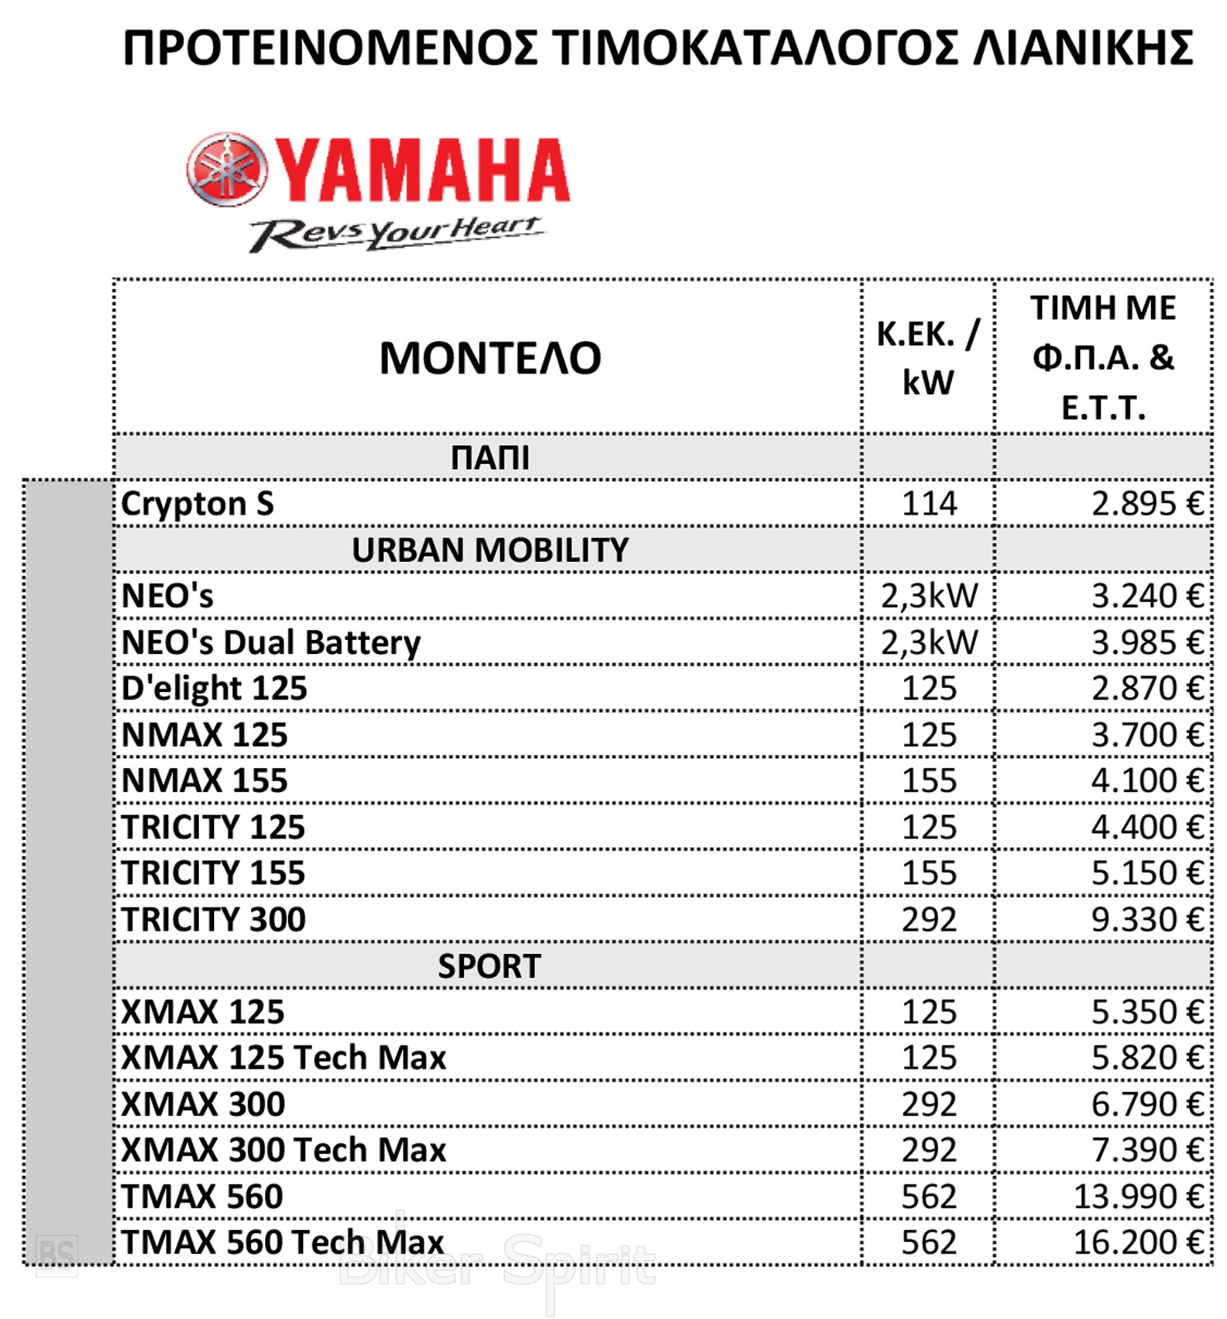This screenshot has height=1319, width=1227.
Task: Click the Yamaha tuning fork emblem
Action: pyautogui.click(x=227, y=169)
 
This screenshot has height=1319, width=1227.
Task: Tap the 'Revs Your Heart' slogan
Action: pyautogui.click(x=396, y=233)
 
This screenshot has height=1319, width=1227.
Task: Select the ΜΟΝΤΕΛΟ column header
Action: pyautogui.click(x=490, y=358)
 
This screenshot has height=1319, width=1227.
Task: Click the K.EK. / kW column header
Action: pyautogui.click(x=927, y=358)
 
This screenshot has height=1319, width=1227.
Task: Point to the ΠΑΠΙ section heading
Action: pyautogui.click(x=490, y=458)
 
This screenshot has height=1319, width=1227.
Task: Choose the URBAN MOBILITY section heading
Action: pyautogui.click(x=490, y=550)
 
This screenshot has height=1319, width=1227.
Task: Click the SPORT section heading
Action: pyautogui.click(x=490, y=966)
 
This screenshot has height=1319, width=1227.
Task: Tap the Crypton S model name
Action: pyautogui.click(x=197, y=504)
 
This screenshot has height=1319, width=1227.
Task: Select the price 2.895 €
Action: pyautogui.click(x=1147, y=504)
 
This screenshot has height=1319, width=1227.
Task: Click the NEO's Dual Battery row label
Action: pyautogui.click(x=271, y=643)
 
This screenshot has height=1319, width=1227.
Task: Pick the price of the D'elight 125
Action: pyautogui.click(x=1147, y=688)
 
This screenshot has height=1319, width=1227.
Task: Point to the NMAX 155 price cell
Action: pyautogui.click(x=1147, y=780)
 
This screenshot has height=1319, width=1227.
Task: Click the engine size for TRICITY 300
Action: pyautogui.click(x=928, y=919)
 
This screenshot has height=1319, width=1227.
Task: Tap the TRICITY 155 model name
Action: pyautogui.click(x=213, y=873)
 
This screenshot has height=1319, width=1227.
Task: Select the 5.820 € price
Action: pyautogui.click(x=1147, y=1058)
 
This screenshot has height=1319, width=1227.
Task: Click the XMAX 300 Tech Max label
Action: pyautogui.click(x=283, y=1150)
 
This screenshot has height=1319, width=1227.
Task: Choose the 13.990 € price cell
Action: pyautogui.click(x=1138, y=1196)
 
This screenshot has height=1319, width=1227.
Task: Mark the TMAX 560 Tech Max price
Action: pyautogui.click(x=1138, y=1242)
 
